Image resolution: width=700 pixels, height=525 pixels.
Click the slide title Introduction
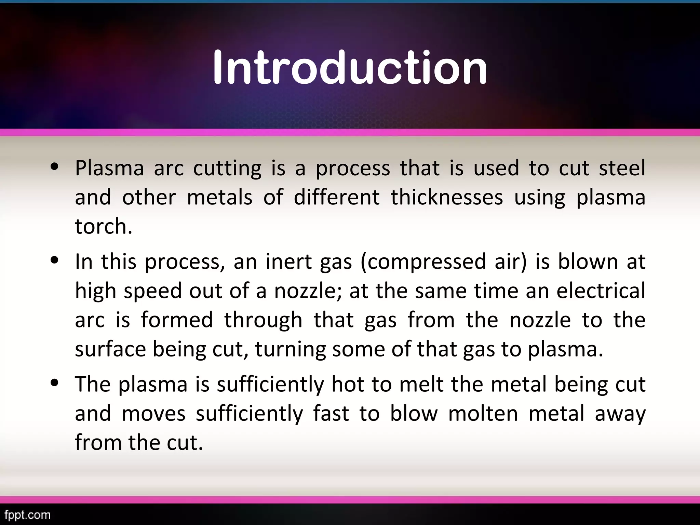(x=350, y=67)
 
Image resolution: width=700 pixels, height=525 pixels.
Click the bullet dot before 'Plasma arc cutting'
(x=55, y=167)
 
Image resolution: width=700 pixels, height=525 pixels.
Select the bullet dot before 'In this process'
(x=55, y=260)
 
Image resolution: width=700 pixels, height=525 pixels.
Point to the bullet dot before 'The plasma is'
(x=55, y=383)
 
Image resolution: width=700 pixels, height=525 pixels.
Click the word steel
(x=622, y=168)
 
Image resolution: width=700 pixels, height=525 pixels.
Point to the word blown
(x=588, y=262)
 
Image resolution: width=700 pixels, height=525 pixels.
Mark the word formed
(x=177, y=320)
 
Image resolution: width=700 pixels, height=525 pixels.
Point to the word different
(x=337, y=197)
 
